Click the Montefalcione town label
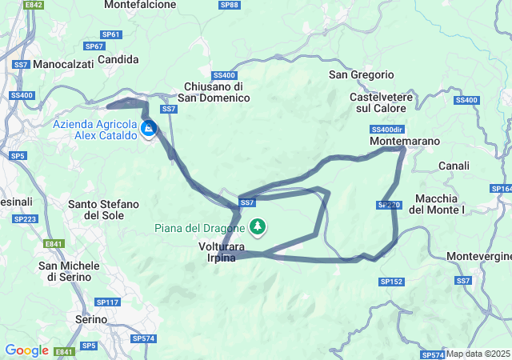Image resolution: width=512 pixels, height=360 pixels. [x=139, y=5]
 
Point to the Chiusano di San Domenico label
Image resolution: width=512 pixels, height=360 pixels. [x=214, y=92]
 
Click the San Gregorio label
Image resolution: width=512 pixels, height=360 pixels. [x=362, y=74]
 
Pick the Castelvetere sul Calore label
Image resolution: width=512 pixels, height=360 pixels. [x=380, y=102]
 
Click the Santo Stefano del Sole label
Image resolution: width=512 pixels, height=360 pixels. [x=104, y=210]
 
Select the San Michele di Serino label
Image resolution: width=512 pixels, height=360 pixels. [x=70, y=271]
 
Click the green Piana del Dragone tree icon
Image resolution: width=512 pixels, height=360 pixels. [x=258, y=227]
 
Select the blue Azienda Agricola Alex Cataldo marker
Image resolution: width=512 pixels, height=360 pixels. [x=149, y=128]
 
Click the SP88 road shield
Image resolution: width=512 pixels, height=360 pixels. [x=229, y=5]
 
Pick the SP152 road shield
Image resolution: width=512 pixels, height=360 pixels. [x=391, y=282]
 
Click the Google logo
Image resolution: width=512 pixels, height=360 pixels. [x=27, y=350]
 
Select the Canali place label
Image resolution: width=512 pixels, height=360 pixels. [x=454, y=166]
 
